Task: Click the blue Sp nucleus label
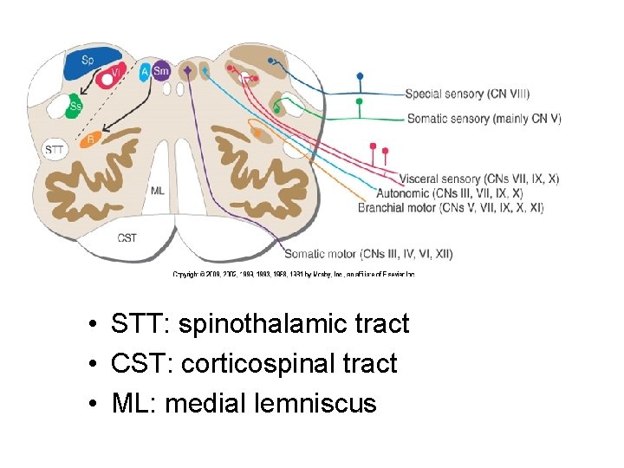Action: [x=88, y=60]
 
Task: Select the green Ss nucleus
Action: [x=76, y=107]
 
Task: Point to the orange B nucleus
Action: [x=92, y=137]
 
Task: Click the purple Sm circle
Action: [x=161, y=71]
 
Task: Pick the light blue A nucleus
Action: [x=145, y=71]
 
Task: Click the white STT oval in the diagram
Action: [x=54, y=150]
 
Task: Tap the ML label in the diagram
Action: [x=158, y=190]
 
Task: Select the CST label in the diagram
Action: [x=127, y=237]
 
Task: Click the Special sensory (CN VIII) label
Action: [x=467, y=94]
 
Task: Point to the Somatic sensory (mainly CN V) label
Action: [x=483, y=119]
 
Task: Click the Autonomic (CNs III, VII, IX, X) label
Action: [x=449, y=193]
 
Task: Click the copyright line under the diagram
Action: [x=294, y=274]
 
